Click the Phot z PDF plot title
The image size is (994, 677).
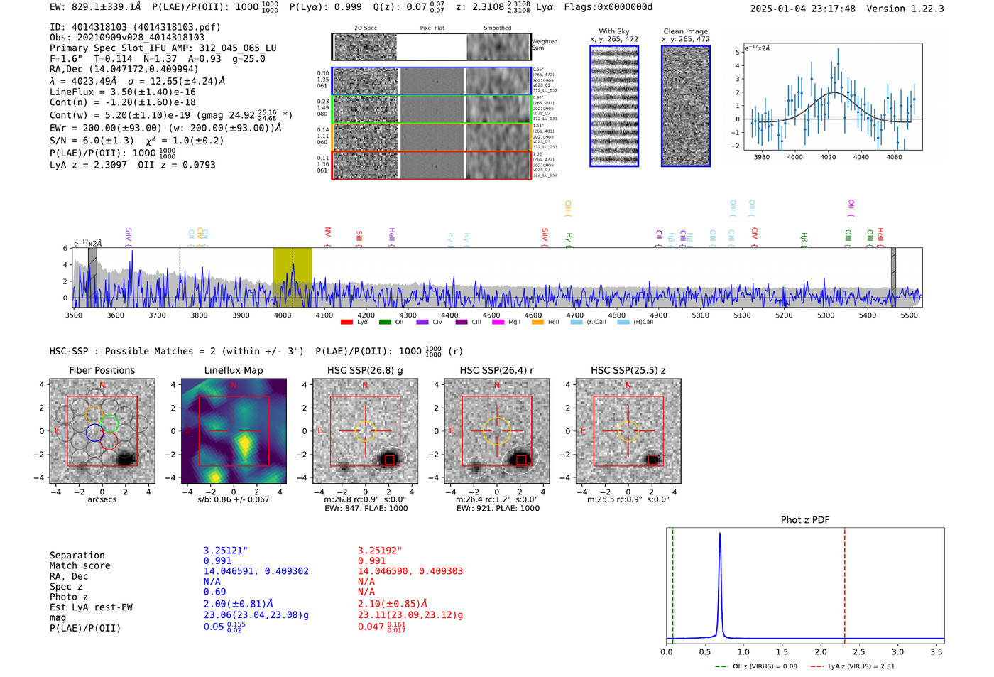coord(805,520)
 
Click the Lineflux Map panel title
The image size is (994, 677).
coord(234,370)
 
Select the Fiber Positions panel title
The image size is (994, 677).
coord(102,370)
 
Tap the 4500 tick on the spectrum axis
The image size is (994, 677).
coord(491,315)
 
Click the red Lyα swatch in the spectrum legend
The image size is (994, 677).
coord(346,323)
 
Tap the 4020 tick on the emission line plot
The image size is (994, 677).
coord(828,157)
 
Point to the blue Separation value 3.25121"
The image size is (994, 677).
coord(226,551)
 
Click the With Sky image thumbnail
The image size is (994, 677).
coord(614,106)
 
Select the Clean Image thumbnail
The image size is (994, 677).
coord(686,106)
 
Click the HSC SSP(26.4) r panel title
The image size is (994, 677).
coord(496,370)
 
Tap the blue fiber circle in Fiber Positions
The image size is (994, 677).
coord(94,433)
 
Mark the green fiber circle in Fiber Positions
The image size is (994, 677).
coord(109,423)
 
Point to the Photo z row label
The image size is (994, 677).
coord(69,597)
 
